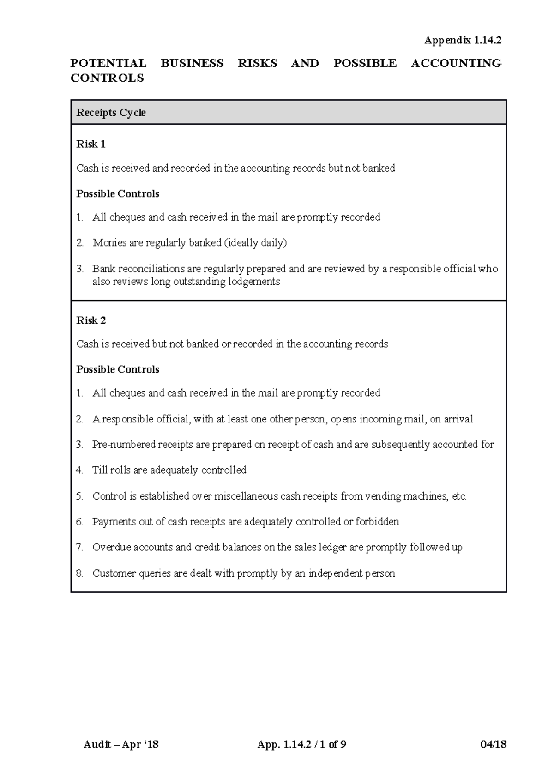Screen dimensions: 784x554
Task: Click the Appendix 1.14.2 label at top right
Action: (463, 41)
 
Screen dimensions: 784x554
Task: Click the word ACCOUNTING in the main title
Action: (456, 63)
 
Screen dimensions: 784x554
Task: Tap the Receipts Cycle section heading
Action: (111, 113)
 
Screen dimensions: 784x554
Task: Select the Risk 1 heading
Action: (91, 144)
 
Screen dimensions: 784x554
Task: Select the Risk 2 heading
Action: (91, 320)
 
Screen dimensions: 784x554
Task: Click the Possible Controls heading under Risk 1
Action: (118, 194)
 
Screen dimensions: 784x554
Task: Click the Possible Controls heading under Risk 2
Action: (118, 369)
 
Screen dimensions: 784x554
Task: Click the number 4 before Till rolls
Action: (79, 470)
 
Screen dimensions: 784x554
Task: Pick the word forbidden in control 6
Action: (377, 522)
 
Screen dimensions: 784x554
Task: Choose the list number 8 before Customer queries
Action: (79, 573)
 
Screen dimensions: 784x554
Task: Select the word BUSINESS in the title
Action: (192, 63)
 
